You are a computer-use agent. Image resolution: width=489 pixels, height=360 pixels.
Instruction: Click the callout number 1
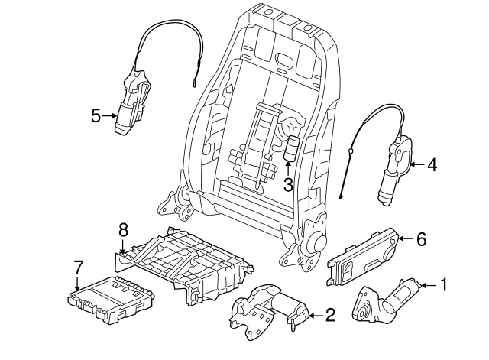pyautogui.click(x=445, y=286)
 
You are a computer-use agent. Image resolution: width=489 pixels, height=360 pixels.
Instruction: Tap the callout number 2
pyautogui.click(x=330, y=313)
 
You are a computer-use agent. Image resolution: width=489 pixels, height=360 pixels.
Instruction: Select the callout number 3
pyautogui.click(x=288, y=184)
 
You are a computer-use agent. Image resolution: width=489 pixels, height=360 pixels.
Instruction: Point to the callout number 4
pyautogui.click(x=432, y=164)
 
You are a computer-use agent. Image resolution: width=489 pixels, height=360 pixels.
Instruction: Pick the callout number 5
pyautogui.click(x=96, y=116)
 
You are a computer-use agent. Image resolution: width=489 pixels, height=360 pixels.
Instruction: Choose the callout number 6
pyautogui.click(x=421, y=239)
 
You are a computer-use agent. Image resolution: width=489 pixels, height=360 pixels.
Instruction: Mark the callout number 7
pyautogui.click(x=77, y=267)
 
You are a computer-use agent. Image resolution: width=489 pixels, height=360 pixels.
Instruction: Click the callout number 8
pyautogui.click(x=122, y=228)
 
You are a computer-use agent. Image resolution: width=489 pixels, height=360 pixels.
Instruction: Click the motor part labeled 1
pyautogui.click(x=386, y=301)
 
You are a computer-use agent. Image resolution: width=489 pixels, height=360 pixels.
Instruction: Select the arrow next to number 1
pyautogui.click(x=429, y=286)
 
